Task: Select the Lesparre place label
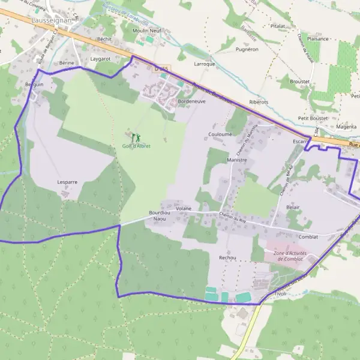tap(67, 181)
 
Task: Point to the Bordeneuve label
tap(192, 102)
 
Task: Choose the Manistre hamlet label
tap(238, 161)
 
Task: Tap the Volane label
tap(184, 208)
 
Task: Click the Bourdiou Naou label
tap(159, 216)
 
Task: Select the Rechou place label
tap(227, 257)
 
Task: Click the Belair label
tap(293, 206)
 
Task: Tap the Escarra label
tap(301, 142)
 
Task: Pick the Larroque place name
tap(205, 64)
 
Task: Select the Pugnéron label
tap(247, 49)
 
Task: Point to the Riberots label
tap(259, 102)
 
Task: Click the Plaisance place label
tap(318, 39)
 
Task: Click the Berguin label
tap(35, 85)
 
